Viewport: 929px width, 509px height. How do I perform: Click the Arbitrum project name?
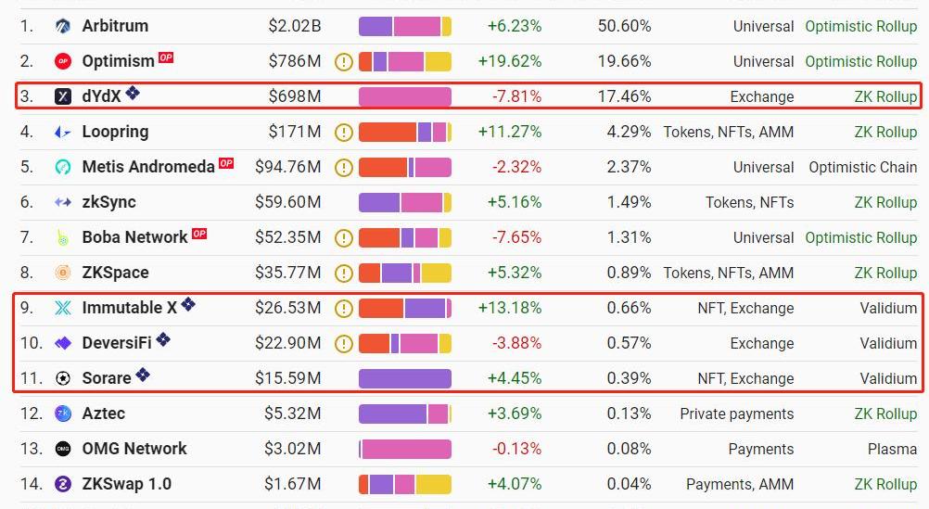pos(115,26)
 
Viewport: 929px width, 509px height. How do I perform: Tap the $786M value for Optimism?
pos(295,61)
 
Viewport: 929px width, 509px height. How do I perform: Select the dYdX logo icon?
pos(63,96)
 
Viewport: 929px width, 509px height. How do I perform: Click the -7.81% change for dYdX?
pos(516,96)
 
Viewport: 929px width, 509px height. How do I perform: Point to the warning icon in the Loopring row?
pos(344,133)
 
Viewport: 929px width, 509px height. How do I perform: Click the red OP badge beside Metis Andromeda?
pos(226,164)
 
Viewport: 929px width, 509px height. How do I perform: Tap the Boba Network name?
pos(134,237)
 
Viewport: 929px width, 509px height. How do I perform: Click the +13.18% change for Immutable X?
pos(509,308)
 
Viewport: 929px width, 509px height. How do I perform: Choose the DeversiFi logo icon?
pos(63,343)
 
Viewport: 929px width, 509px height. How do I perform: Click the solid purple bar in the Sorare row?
pos(404,378)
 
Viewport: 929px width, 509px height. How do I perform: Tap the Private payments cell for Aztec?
pos(736,414)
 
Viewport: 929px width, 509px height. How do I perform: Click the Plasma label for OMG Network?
pos(892,449)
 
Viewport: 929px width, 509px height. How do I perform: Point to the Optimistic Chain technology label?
pos(862,168)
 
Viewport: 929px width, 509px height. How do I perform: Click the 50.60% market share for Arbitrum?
pos(624,26)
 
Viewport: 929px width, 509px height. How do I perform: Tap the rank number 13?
pos(32,449)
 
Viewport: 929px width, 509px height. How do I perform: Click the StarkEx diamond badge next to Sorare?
pos(143,375)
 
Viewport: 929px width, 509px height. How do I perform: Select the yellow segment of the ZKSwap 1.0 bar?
pos(433,484)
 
